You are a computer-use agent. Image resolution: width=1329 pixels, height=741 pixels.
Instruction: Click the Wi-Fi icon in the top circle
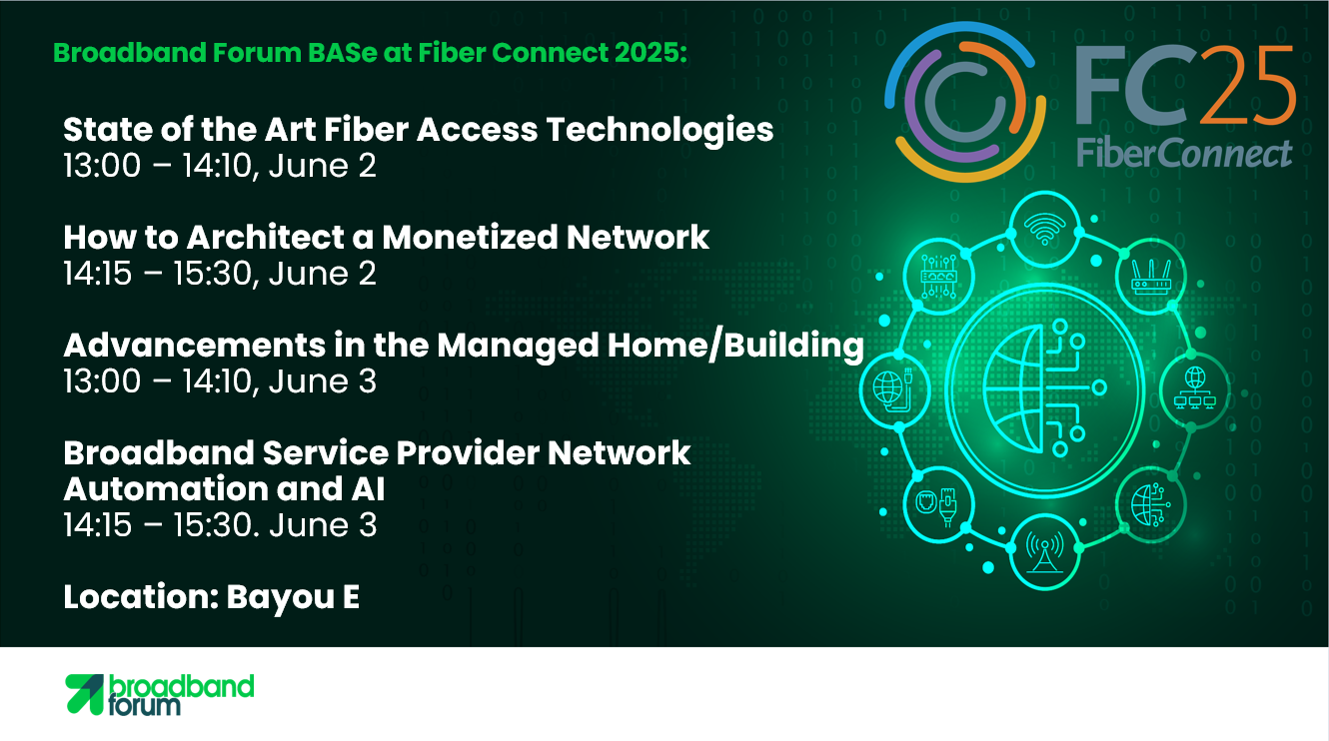(x=1044, y=229)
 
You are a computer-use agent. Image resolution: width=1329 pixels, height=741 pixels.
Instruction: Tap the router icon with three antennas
(x=1150, y=277)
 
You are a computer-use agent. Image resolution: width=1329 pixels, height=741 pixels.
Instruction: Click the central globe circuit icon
(x=1044, y=388)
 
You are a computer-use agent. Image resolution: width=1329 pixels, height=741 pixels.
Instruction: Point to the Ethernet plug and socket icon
(x=938, y=506)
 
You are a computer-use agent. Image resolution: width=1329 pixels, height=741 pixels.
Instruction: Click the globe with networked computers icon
(x=1194, y=387)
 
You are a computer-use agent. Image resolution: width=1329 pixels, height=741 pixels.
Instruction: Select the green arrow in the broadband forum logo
(x=84, y=694)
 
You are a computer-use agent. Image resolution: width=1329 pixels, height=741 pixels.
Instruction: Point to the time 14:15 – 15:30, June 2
(x=220, y=274)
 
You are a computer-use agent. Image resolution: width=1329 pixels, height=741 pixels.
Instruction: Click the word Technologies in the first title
(x=660, y=131)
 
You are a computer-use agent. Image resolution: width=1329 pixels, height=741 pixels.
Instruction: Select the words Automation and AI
(x=224, y=489)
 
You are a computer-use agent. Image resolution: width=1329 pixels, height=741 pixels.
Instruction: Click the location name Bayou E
(x=293, y=597)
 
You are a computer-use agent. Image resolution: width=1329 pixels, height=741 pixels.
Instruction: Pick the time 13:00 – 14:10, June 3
(x=220, y=381)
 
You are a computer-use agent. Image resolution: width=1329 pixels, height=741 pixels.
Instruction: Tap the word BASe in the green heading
(x=343, y=53)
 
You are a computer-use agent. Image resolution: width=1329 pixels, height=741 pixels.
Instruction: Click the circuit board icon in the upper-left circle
(x=938, y=277)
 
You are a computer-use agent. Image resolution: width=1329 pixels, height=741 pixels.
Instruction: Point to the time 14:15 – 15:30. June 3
(x=220, y=525)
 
